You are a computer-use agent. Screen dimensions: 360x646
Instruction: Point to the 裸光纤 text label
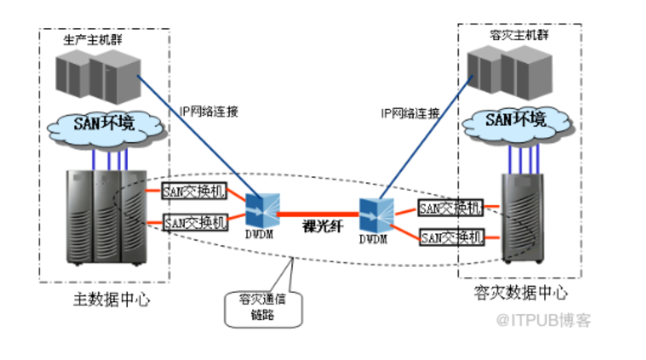318,227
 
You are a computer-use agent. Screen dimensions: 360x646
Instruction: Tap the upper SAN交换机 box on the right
450,208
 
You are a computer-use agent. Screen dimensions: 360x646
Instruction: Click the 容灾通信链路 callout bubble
264,308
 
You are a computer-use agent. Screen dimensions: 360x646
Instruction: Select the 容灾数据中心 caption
520,294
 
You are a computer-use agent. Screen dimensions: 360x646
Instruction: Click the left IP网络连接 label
209,112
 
